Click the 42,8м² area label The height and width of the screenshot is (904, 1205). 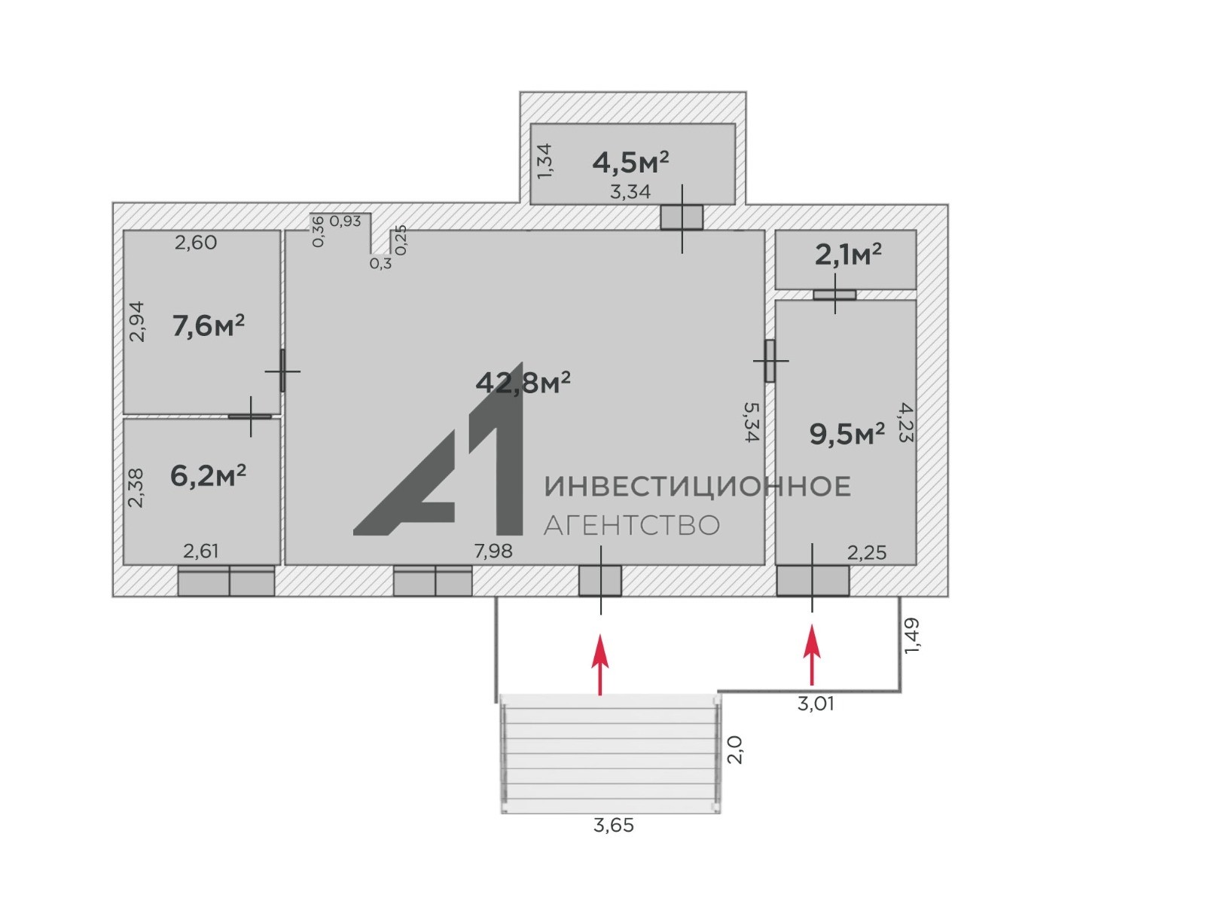tap(523, 382)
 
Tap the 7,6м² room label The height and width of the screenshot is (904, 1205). tap(208, 325)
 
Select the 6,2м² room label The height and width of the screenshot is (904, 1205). tap(208, 475)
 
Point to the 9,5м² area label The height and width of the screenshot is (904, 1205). tap(847, 434)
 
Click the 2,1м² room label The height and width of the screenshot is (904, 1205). tap(848, 255)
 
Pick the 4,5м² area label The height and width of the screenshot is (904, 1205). tap(631, 162)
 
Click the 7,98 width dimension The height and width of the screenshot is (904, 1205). tap(493, 551)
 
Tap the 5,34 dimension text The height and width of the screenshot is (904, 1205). tap(751, 422)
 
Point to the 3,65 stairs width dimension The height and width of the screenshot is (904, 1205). tap(614, 826)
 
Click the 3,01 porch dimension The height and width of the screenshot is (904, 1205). tap(816, 704)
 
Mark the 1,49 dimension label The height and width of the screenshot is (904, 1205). tap(911, 636)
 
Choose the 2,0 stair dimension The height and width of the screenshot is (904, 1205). tap(734, 750)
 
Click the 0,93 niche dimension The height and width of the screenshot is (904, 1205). tap(345, 221)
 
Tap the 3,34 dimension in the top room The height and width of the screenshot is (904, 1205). tap(630, 191)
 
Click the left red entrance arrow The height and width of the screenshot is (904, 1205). tap(600, 664)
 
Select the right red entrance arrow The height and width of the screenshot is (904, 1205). tap(812, 655)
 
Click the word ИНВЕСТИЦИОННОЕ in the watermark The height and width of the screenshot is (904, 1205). tap(697, 487)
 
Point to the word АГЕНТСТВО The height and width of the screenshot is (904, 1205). tap(632, 525)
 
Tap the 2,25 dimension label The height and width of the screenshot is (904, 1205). tap(867, 553)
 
